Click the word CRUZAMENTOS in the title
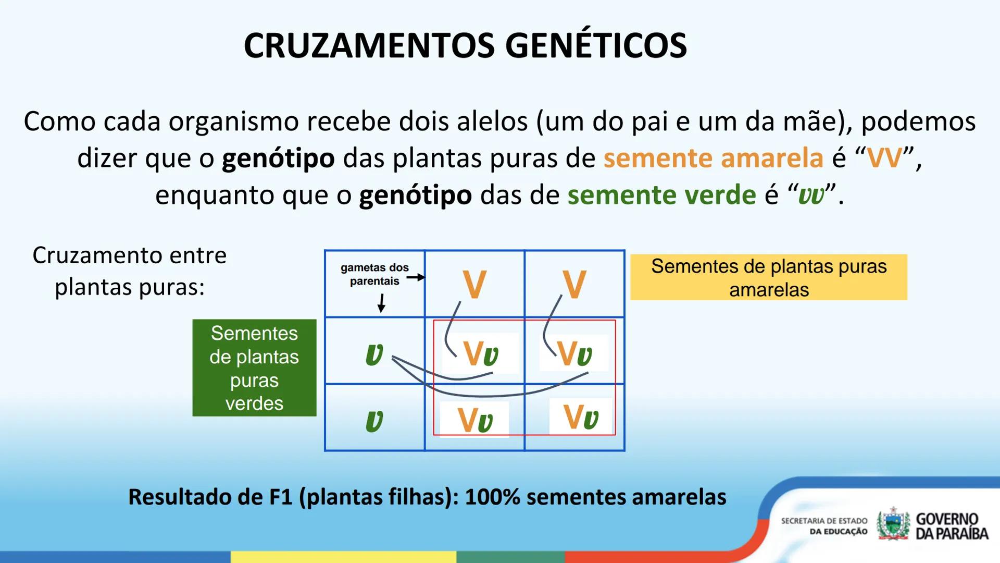point(369,46)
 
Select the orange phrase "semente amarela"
point(713,158)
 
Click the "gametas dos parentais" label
point(374,274)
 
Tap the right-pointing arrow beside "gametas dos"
point(416,277)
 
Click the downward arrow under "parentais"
point(382,302)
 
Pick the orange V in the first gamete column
point(474,285)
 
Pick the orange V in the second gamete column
point(574,285)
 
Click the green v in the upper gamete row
point(374,354)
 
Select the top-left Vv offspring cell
point(480,354)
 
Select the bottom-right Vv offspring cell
point(581,417)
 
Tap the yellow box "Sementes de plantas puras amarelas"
point(769,277)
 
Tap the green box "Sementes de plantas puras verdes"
point(254,368)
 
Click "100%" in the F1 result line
point(492,497)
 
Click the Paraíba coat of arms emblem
point(894,524)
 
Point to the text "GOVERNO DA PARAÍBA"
point(952,526)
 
